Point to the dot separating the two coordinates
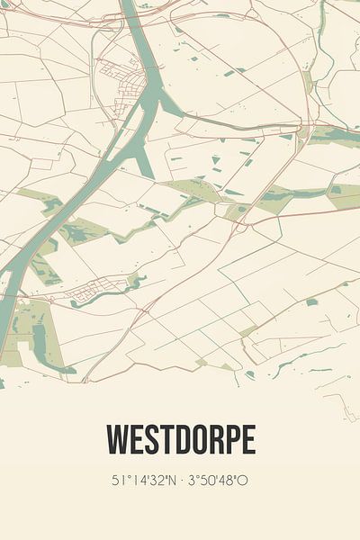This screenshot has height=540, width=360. (181, 481)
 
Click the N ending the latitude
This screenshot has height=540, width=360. (170, 481)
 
